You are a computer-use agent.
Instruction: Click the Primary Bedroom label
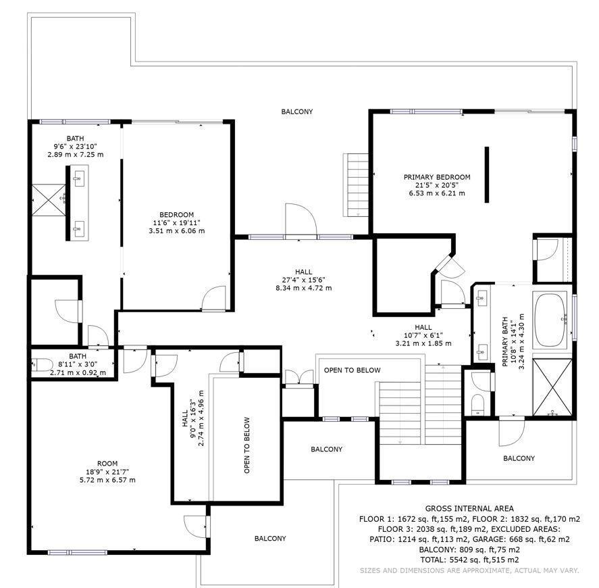pyautogui.click(x=437, y=185)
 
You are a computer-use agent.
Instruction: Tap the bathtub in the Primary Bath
pyautogui.click(x=550, y=320)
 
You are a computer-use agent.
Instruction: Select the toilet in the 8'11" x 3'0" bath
pyautogui.click(x=42, y=365)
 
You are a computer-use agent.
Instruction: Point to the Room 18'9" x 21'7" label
pyautogui.click(x=107, y=472)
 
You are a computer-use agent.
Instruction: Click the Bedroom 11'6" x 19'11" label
pyautogui.click(x=176, y=223)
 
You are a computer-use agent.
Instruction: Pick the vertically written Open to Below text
pyautogui.click(x=246, y=445)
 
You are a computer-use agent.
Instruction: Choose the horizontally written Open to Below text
pyautogui.click(x=353, y=370)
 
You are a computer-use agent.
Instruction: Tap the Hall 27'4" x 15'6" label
pyautogui.click(x=304, y=280)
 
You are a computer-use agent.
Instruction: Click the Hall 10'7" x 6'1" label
pyautogui.click(x=423, y=335)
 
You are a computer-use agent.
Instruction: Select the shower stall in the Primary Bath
pyautogui.click(x=552, y=387)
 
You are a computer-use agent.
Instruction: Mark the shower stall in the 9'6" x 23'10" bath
pyautogui.click(x=49, y=200)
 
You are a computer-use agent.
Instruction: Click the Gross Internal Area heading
pyautogui.click(x=469, y=508)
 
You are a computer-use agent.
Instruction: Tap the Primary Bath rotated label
pyautogui.click(x=513, y=341)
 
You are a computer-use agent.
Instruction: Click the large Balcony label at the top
pyautogui.click(x=297, y=112)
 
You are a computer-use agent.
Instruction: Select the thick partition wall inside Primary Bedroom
pyautogui.click(x=487, y=174)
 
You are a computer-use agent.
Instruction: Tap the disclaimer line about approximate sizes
pyautogui.click(x=469, y=570)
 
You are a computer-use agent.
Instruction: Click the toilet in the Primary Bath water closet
pyautogui.click(x=477, y=404)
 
